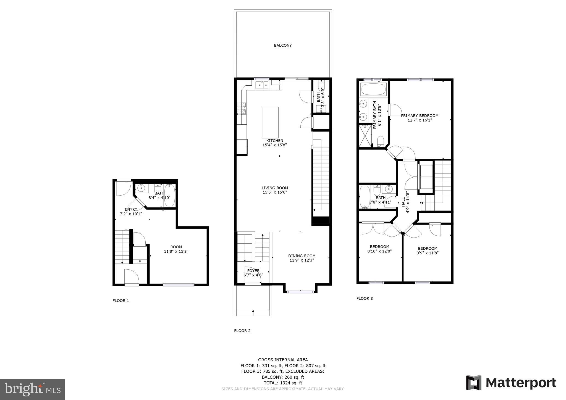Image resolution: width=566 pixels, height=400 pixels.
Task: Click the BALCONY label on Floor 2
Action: pyautogui.click(x=283, y=45)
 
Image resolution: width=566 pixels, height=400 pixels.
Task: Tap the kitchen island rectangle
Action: pyautogui.click(x=270, y=122)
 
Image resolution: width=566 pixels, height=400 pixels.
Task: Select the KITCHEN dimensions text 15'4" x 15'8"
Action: pyautogui.click(x=275, y=145)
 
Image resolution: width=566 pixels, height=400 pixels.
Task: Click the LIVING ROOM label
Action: pyautogui.click(x=275, y=188)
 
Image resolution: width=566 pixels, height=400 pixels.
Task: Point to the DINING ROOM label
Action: pyautogui.click(x=302, y=256)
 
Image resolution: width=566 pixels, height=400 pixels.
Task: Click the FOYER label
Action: pyautogui.click(x=253, y=271)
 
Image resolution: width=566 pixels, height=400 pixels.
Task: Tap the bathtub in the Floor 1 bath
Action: pyautogui.click(x=169, y=195)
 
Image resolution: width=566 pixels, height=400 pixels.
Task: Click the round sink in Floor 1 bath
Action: pyautogui.click(x=141, y=188)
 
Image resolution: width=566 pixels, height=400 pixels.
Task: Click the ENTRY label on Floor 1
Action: pyautogui.click(x=131, y=209)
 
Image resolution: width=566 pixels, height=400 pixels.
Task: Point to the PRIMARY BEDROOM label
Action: pyautogui.click(x=420, y=116)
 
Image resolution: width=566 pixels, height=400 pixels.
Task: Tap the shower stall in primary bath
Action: pyautogui.click(x=365, y=135)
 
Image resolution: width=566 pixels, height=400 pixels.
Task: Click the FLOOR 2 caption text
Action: pyautogui.click(x=242, y=331)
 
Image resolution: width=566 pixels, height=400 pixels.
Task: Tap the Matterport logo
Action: pyautogui.click(x=511, y=383)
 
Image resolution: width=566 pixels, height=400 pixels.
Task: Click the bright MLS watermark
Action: pyautogui.click(x=32, y=389)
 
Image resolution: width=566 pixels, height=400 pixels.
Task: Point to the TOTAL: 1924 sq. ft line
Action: pyautogui.click(x=283, y=383)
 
